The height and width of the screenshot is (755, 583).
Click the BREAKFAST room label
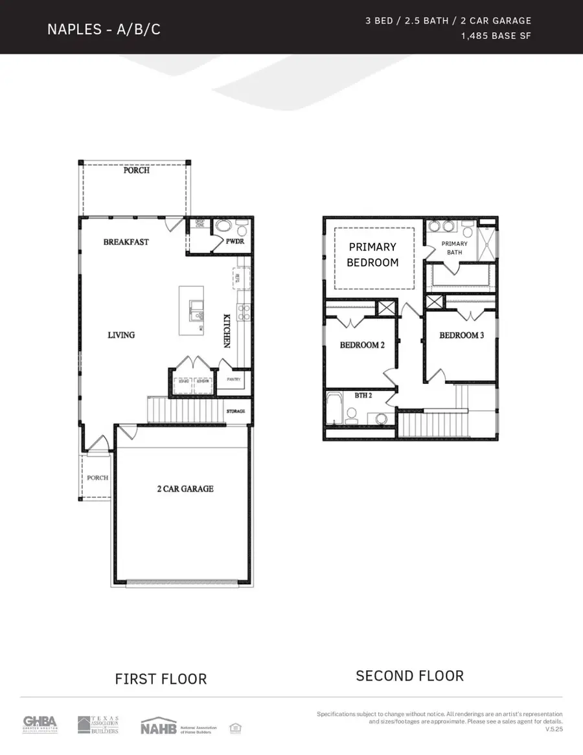pyautogui.click(x=126, y=242)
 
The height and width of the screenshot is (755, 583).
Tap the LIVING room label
pyautogui.click(x=121, y=335)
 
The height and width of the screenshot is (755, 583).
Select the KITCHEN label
pyautogui.click(x=227, y=331)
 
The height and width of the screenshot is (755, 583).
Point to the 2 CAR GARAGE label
pyautogui.click(x=185, y=489)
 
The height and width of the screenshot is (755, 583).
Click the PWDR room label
pyautogui.click(x=234, y=242)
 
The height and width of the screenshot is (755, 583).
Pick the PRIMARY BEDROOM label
pyautogui.click(x=372, y=254)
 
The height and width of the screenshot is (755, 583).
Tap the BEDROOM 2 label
pyautogui.click(x=362, y=345)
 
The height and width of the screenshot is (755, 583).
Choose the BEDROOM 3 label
pyautogui.click(x=461, y=335)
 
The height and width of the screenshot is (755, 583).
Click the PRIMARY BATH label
pyautogui.click(x=454, y=248)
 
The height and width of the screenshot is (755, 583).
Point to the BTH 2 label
pyautogui.click(x=363, y=394)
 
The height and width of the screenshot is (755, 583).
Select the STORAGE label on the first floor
pyautogui.click(x=236, y=412)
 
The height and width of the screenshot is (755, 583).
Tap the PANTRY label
pyautogui.click(x=233, y=379)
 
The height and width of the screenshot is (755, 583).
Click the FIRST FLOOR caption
pyautogui.click(x=161, y=679)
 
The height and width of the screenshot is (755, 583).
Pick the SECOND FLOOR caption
pyautogui.click(x=409, y=676)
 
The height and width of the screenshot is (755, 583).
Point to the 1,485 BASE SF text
pyautogui.click(x=496, y=36)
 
